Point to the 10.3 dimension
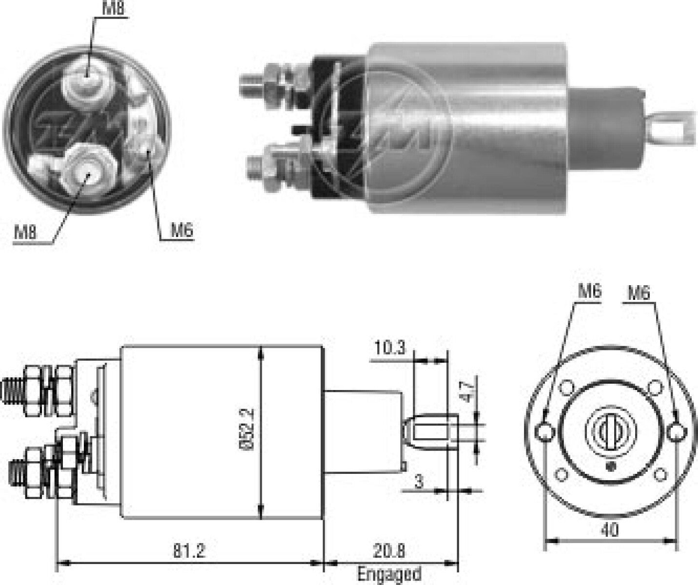click(x=389, y=348)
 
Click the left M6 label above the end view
click(x=590, y=292)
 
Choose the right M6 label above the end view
click(x=639, y=293)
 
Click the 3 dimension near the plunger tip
click(x=419, y=482)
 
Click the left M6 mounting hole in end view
click(x=545, y=432)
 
